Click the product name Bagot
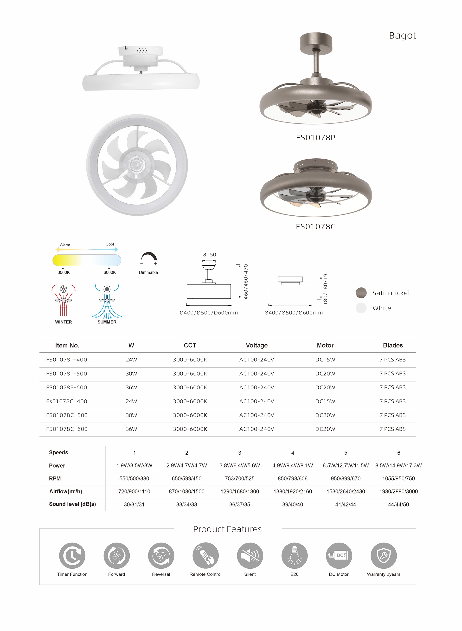pyautogui.click(x=402, y=36)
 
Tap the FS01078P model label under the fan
pyautogui.click(x=315, y=138)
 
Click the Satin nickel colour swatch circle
pyautogui.click(x=361, y=293)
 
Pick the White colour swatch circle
pyautogui.click(x=361, y=308)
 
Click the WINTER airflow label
pyautogui.click(x=64, y=322)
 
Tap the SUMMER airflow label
pyautogui.click(x=107, y=322)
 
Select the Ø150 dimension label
pyautogui.click(x=209, y=255)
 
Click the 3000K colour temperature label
pyautogui.click(x=64, y=272)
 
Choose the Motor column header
pyautogui.click(x=325, y=345)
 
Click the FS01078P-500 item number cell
pyautogui.click(x=67, y=374)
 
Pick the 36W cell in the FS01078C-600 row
pyautogui.click(x=131, y=429)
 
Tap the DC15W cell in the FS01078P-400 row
pyautogui.click(x=325, y=360)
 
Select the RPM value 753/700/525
pyautogui.click(x=240, y=479)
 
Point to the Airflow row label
pyautogui.click(x=66, y=491)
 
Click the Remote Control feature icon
pyautogui.click(x=205, y=555)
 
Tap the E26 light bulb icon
pyautogui.click(x=295, y=555)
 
